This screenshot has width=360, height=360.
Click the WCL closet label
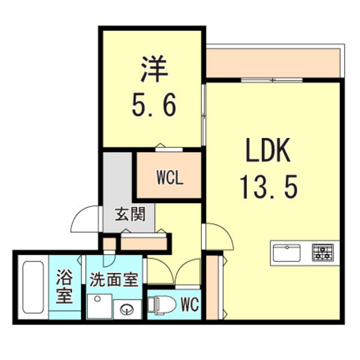[169, 181]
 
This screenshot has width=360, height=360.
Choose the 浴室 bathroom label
[65, 287]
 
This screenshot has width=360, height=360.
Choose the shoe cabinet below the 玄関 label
[143, 243]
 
